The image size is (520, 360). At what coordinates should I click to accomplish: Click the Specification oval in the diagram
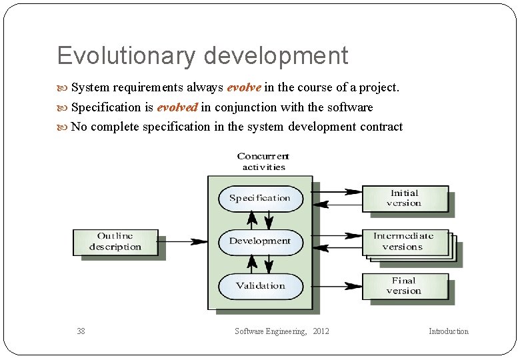(x=260, y=198)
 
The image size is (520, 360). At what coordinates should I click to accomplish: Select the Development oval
(x=260, y=241)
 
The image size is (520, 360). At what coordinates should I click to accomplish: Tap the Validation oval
(x=260, y=286)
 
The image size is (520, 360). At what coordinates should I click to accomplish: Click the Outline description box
(x=115, y=241)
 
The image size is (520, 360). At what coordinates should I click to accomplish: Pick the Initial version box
(x=404, y=198)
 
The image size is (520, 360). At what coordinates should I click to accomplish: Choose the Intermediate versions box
(x=404, y=241)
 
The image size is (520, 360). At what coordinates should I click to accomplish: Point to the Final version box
(x=404, y=286)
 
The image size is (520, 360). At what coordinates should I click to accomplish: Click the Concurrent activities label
(x=263, y=162)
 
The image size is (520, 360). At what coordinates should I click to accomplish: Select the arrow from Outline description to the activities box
(x=183, y=241)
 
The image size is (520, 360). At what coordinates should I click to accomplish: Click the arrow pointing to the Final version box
(x=337, y=281)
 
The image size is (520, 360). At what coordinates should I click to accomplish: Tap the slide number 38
(x=81, y=331)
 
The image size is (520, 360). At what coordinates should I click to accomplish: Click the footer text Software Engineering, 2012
(x=282, y=331)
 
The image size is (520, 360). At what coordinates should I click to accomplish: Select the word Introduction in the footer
(x=449, y=331)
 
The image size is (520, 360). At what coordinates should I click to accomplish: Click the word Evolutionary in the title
(x=127, y=55)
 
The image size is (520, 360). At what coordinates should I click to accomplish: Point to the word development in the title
(x=276, y=55)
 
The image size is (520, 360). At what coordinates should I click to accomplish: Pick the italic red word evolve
(x=244, y=87)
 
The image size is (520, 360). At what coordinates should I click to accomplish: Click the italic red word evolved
(x=177, y=107)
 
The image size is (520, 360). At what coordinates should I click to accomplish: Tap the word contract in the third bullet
(x=381, y=127)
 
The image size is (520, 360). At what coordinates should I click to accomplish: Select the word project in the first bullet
(x=378, y=87)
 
